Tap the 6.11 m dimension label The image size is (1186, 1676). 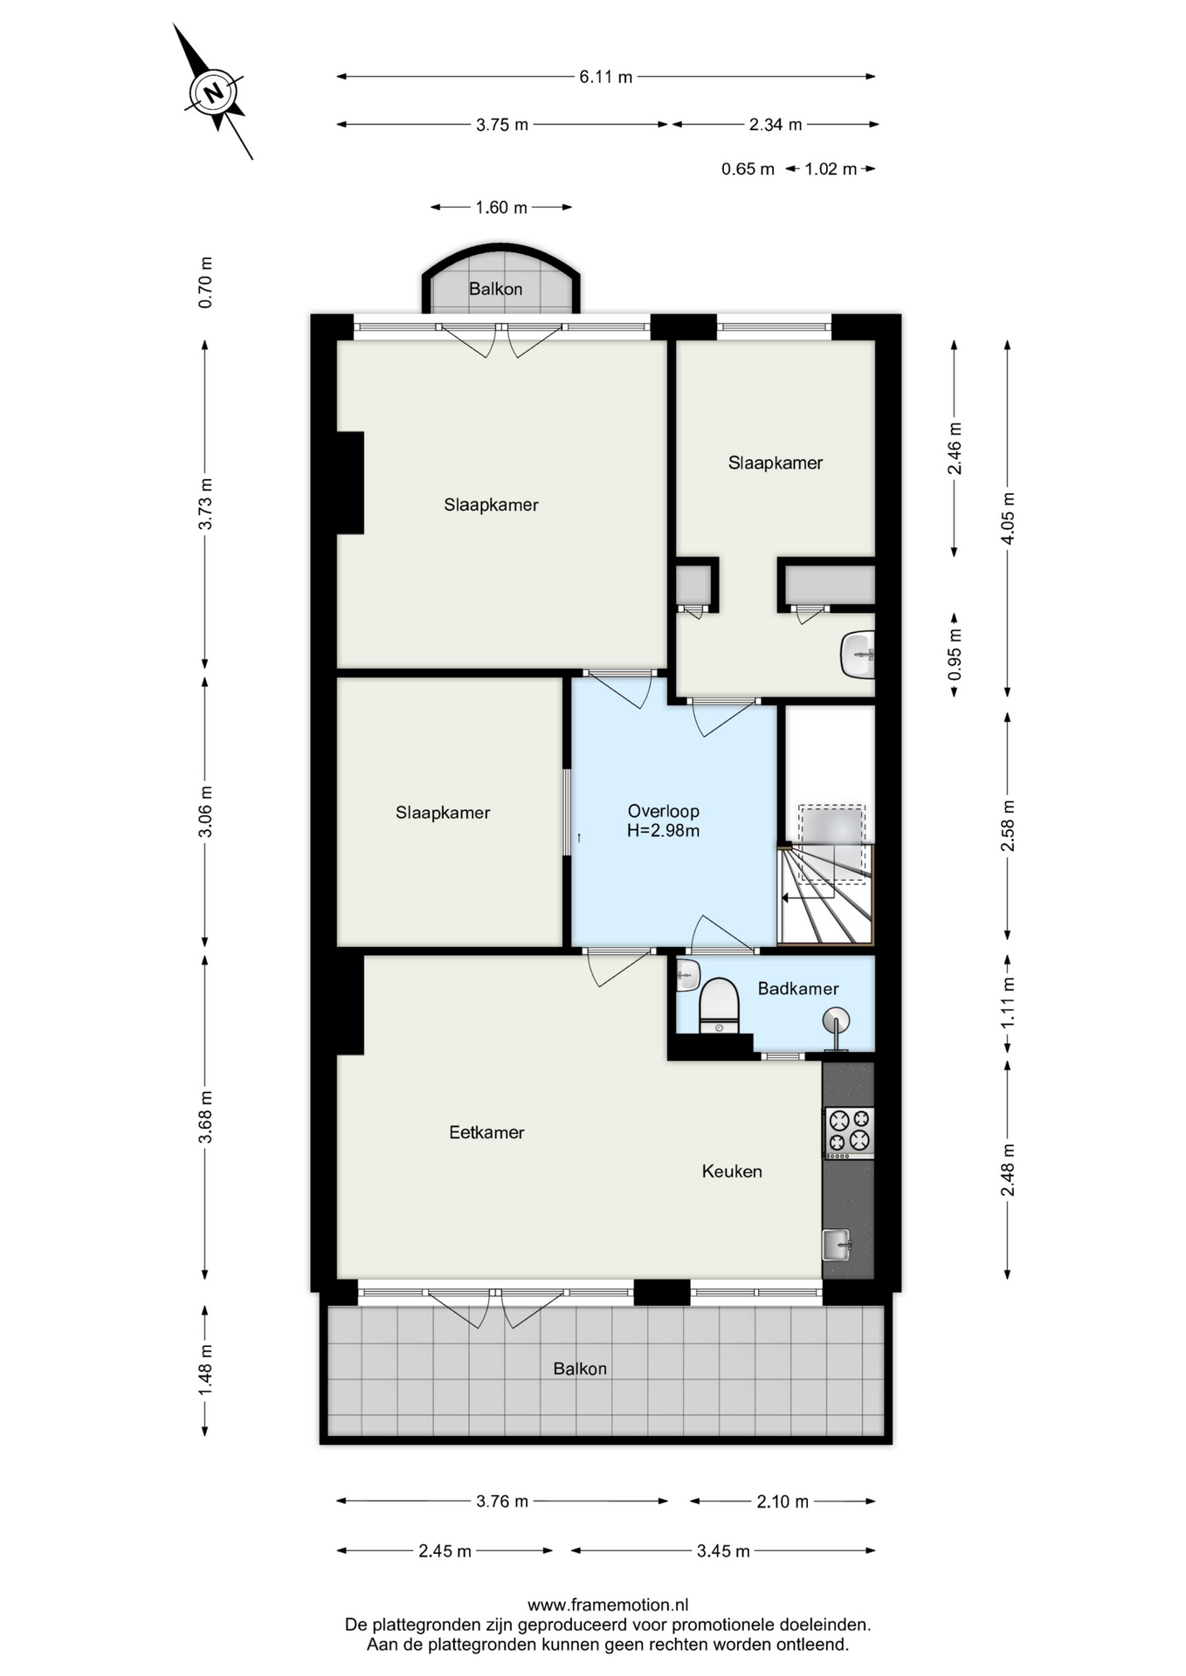pyautogui.click(x=606, y=77)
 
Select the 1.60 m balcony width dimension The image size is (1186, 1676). pyautogui.click(x=501, y=208)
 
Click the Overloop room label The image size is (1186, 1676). pyautogui.click(x=664, y=812)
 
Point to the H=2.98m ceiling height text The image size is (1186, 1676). pyautogui.click(x=664, y=831)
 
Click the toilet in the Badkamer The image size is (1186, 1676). pyautogui.click(x=719, y=1006)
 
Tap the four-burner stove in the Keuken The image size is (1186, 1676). pyautogui.click(x=849, y=1132)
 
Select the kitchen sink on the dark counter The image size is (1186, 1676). pyautogui.click(x=837, y=1245)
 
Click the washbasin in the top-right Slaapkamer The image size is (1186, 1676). pyautogui.click(x=858, y=655)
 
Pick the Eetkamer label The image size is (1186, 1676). pyautogui.click(x=486, y=1133)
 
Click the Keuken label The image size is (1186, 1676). pyautogui.click(x=732, y=1171)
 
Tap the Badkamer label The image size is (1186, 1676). pyautogui.click(x=798, y=989)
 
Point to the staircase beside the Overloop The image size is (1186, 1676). pyautogui.click(x=825, y=894)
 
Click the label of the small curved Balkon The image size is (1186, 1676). pyautogui.click(x=495, y=289)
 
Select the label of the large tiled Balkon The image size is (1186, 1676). pyautogui.click(x=580, y=1369)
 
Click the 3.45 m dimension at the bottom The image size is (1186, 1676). pyautogui.click(x=723, y=1551)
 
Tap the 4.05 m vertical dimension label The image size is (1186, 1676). pyautogui.click(x=1008, y=518)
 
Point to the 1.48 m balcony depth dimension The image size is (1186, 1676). pyautogui.click(x=205, y=1370)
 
